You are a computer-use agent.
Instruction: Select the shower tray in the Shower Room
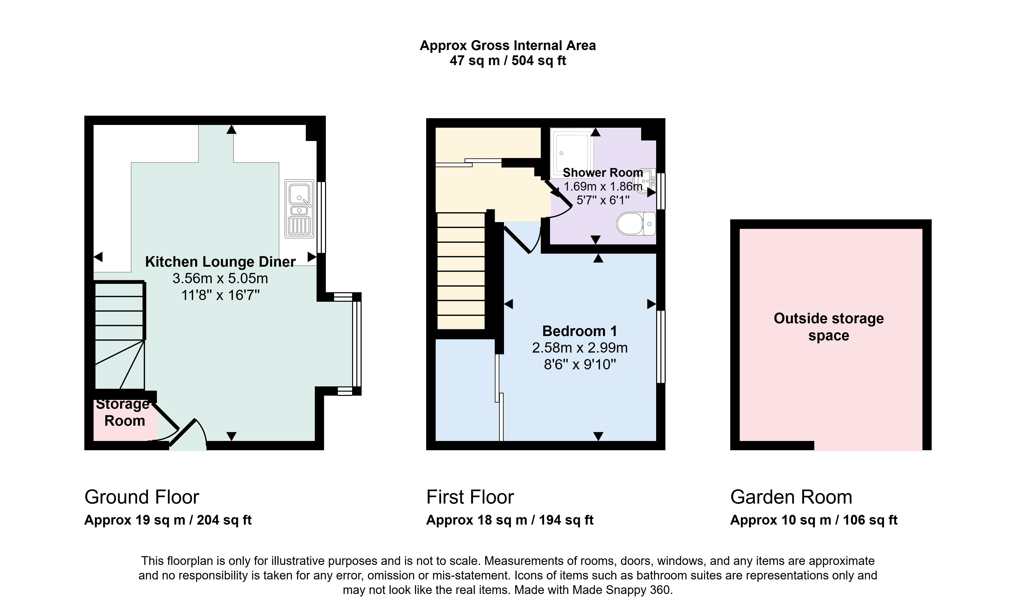[x=572, y=153]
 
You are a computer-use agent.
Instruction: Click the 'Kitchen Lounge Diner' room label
[x=220, y=262]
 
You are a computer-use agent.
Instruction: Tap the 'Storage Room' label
[x=123, y=412]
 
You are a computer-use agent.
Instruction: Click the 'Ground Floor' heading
[x=142, y=497]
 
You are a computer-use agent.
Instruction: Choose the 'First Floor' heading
[x=470, y=497]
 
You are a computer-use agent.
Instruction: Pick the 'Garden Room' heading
[x=791, y=497]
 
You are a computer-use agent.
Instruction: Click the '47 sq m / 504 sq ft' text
[x=507, y=61]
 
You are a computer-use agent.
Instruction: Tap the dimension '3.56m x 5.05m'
[x=220, y=278]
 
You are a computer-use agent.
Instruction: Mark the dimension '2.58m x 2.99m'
[x=580, y=348]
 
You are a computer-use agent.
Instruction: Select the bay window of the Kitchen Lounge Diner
[x=357, y=344]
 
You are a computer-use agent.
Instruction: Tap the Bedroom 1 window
[x=661, y=347]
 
